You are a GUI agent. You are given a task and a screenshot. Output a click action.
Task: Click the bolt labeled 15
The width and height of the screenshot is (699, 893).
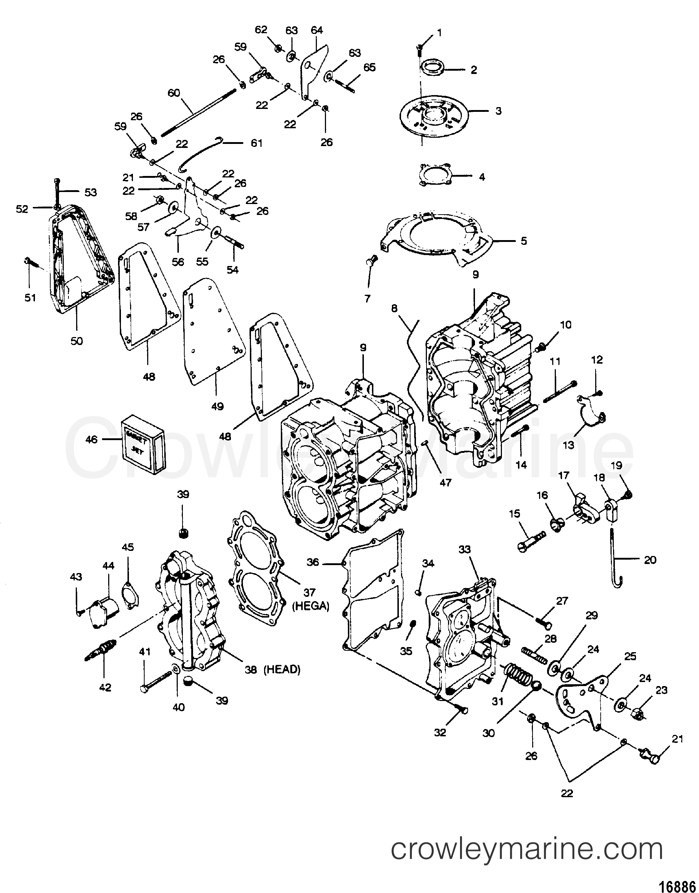531,539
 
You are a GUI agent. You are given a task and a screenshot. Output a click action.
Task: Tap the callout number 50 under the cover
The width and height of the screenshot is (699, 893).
77,341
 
